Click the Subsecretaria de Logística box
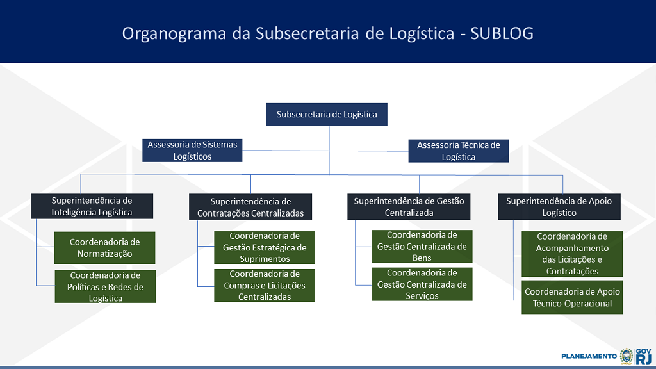[326, 115]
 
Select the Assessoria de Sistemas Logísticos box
[192, 151]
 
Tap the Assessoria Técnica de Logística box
[459, 151]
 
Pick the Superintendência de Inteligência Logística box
[92, 206]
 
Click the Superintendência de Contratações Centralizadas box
[250, 207]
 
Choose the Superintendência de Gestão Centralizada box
[409, 207]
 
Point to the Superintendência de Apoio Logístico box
[559, 207]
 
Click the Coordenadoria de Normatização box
[104, 248]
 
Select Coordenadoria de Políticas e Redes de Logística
[105, 286]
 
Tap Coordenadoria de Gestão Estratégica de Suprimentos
[265, 247]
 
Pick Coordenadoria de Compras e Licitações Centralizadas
[265, 285]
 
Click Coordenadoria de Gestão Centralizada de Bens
[422, 247]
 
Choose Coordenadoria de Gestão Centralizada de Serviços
[422, 284]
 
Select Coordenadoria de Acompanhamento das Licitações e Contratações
[572, 254]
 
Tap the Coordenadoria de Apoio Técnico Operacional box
[572, 297]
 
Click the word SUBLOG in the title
[502, 33]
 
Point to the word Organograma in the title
[174, 34]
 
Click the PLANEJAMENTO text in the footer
[589, 356]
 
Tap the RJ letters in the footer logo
[643, 359]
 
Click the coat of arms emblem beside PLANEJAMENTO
[627, 356]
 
